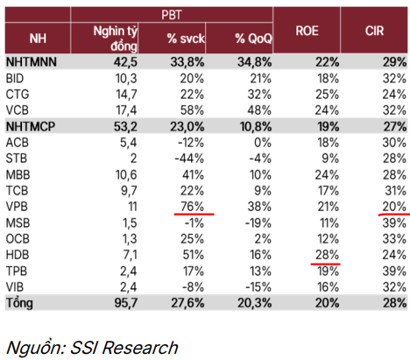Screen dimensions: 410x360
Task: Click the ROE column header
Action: click(307, 31)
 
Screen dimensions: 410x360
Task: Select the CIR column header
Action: click(374, 31)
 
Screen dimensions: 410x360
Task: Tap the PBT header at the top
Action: click(172, 15)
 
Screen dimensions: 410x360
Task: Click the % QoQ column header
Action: click(253, 39)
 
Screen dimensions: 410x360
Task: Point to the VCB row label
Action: click(18, 110)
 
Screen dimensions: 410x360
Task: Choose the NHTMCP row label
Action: click(31, 126)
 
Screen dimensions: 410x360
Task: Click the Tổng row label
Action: click(19, 303)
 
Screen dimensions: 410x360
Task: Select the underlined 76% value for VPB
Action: click(192, 207)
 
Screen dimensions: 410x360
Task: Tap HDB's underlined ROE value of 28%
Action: click(327, 255)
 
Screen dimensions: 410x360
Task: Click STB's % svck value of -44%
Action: click(189, 159)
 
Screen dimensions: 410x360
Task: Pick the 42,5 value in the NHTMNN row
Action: click(125, 62)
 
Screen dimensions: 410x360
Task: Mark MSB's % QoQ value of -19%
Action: click(258, 223)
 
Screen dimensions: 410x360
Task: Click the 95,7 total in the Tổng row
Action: click(126, 303)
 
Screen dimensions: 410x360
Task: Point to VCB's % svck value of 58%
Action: click(192, 110)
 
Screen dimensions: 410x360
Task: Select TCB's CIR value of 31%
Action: click(395, 191)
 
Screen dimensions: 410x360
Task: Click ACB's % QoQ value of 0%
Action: click(263, 143)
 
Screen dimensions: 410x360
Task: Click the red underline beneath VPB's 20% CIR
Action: click(394, 215)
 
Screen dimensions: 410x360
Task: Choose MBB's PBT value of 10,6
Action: click(126, 174)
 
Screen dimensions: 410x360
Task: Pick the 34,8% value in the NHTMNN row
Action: click(254, 62)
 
